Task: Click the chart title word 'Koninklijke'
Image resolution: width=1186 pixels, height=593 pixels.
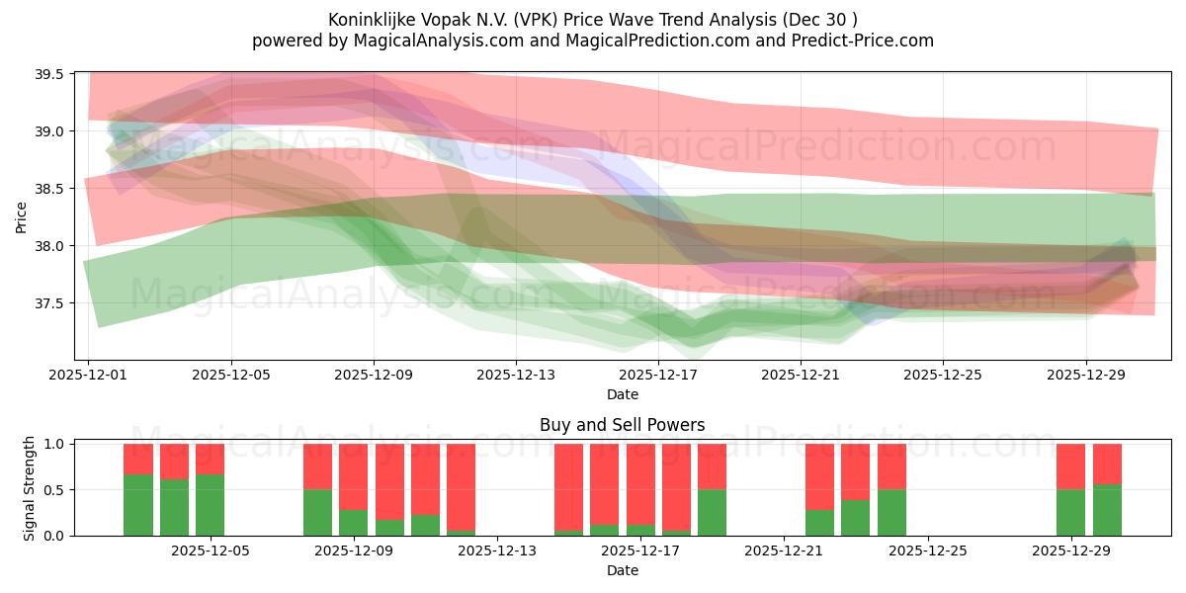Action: (371, 19)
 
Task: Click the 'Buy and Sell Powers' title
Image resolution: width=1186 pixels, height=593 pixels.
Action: (622, 425)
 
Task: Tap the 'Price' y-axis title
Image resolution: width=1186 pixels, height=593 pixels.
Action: (21, 216)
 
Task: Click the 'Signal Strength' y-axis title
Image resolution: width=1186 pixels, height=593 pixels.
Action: (30, 488)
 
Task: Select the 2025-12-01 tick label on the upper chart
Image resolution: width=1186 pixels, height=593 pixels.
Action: (89, 376)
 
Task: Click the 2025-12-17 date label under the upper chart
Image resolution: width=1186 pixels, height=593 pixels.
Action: (658, 376)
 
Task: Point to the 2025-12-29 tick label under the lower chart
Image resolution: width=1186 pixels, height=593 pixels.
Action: (1071, 551)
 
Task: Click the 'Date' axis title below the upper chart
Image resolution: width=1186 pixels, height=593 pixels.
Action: (622, 394)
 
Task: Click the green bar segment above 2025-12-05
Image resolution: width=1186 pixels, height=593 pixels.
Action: (210, 505)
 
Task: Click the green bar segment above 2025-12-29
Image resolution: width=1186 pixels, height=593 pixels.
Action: (1071, 512)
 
